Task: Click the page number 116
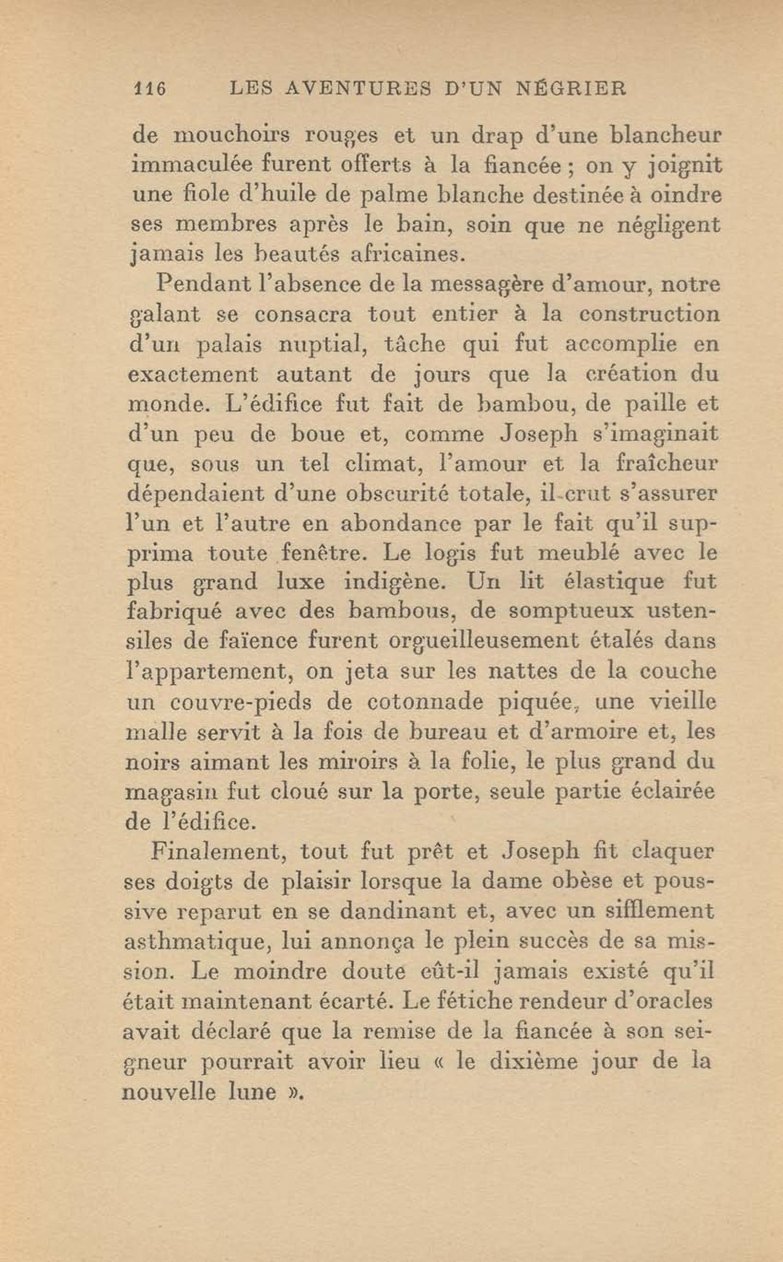coord(149,88)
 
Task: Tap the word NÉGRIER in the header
coord(572,88)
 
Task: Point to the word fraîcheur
coord(667,463)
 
